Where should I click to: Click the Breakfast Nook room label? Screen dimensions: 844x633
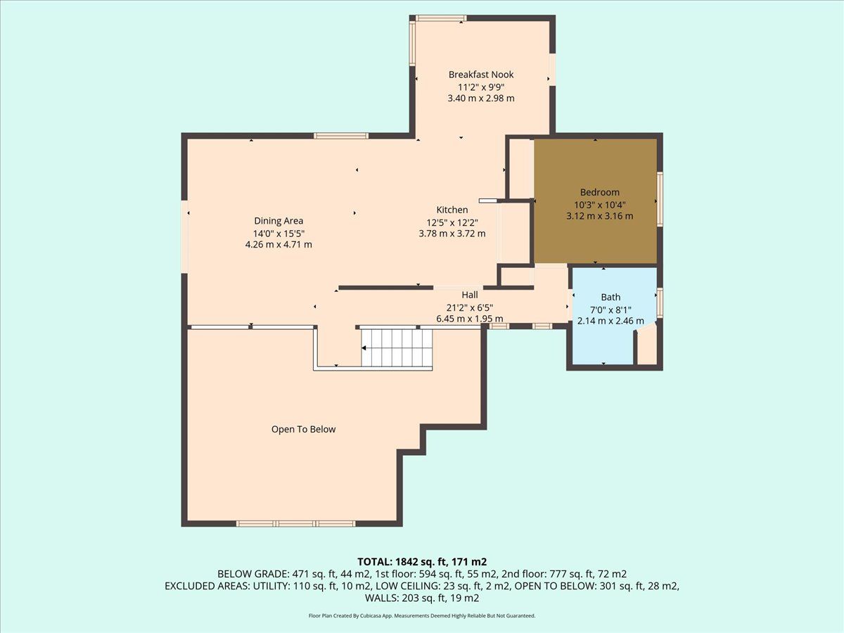[x=480, y=74]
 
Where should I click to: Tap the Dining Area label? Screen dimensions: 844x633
[x=279, y=221]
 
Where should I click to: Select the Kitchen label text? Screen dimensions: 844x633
[x=452, y=210]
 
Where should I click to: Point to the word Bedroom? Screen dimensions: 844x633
[x=599, y=192]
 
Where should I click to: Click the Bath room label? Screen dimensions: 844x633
[x=610, y=297]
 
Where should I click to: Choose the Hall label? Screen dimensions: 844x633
[x=470, y=295]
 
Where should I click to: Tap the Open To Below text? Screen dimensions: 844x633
[x=303, y=429]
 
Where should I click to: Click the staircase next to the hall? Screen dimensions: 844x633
[x=397, y=348]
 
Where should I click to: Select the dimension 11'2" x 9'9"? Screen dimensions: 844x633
[x=480, y=87]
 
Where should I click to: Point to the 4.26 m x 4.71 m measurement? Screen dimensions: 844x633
[x=279, y=245]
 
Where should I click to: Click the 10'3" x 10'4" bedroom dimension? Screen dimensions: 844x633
[x=599, y=205]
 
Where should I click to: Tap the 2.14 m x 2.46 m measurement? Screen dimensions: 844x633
[x=610, y=321]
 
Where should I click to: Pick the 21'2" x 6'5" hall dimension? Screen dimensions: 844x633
[x=470, y=307]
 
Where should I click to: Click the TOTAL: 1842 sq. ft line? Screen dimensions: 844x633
[x=422, y=562]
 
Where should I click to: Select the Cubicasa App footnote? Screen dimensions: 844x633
[x=422, y=615]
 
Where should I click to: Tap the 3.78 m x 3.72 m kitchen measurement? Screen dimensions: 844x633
[x=452, y=234]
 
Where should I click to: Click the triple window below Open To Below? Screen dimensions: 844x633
[x=295, y=523]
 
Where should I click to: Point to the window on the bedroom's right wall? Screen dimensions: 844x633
[x=660, y=199]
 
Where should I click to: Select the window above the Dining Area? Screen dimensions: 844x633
[x=340, y=136]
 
